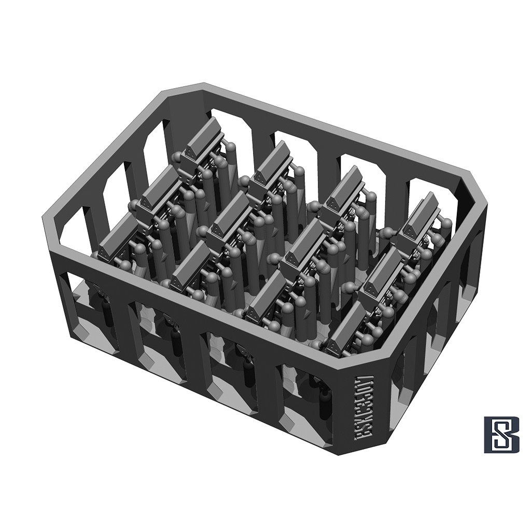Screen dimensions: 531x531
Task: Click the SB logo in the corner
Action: tap(501, 434)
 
